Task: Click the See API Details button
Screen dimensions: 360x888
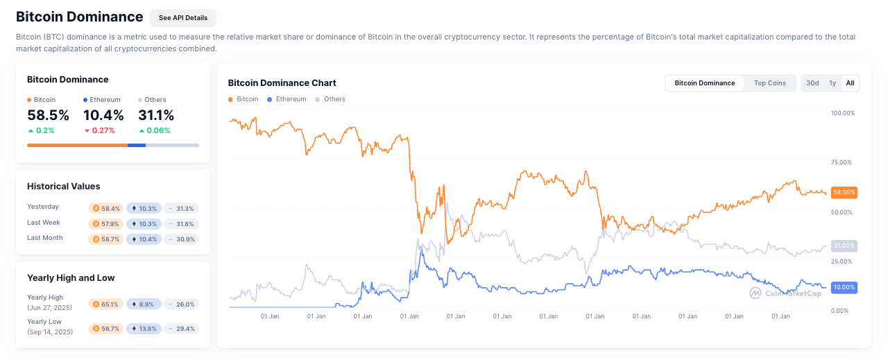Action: click(x=183, y=17)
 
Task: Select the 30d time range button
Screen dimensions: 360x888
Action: click(x=812, y=83)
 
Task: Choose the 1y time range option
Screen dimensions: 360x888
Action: click(x=832, y=83)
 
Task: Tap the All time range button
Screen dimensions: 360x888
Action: click(x=850, y=83)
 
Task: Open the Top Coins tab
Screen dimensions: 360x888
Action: click(x=769, y=83)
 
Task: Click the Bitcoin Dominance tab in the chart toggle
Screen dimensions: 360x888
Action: click(x=704, y=83)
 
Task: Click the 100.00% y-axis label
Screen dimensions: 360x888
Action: click(x=843, y=112)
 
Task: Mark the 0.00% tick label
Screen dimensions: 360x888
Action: click(x=840, y=311)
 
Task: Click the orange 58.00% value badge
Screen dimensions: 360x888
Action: click(x=844, y=192)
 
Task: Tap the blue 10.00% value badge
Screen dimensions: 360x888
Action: click(x=844, y=287)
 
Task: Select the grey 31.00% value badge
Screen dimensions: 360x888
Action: click(x=844, y=246)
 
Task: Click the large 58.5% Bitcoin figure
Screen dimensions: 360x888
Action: click(x=48, y=115)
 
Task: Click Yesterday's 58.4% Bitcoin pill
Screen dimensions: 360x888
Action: click(x=106, y=208)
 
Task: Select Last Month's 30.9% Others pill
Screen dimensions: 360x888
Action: click(x=182, y=239)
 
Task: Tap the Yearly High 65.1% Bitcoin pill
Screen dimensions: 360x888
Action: click(x=106, y=304)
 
